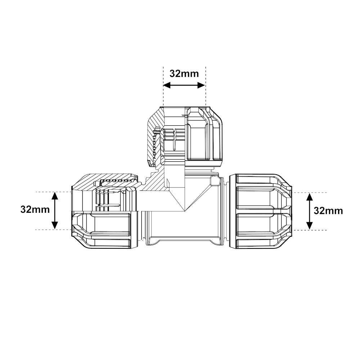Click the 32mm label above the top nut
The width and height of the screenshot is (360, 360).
[184, 73]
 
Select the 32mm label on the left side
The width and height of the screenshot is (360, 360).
[35, 210]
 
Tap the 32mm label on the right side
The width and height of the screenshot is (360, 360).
[328, 211]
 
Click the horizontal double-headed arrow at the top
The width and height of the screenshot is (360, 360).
[184, 85]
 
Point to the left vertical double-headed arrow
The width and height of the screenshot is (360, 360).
[55, 211]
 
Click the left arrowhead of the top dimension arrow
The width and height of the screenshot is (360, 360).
[166, 85]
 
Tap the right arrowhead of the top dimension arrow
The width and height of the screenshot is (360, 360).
[202, 85]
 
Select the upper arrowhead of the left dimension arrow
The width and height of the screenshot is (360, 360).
[55, 195]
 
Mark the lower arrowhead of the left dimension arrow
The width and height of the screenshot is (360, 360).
[55, 226]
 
